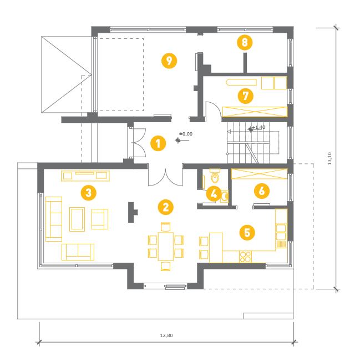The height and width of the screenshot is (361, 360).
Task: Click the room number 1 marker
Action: (x=158, y=143)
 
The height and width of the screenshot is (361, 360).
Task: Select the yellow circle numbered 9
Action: (x=169, y=61)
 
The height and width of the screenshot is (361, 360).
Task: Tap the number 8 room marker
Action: (x=245, y=42)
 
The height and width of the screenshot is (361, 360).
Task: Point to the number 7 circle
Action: (x=246, y=96)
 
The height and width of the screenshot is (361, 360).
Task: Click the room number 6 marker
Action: (x=262, y=191)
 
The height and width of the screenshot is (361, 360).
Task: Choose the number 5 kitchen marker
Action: (x=247, y=233)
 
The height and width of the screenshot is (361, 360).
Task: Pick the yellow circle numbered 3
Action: (x=89, y=193)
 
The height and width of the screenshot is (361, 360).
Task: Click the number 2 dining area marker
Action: (x=165, y=207)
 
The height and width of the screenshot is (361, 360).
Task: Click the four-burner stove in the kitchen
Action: (x=245, y=257)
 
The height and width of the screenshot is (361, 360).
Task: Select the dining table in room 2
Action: (x=165, y=247)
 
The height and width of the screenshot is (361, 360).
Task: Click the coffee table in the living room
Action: (x=77, y=219)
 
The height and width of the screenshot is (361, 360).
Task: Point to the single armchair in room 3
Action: (x=100, y=219)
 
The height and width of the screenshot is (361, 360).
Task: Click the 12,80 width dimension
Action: (x=166, y=335)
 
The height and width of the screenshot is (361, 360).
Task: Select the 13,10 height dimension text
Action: (x=329, y=158)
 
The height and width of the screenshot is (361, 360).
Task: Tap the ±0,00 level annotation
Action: (x=186, y=134)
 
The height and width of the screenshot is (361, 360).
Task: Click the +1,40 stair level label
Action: (x=258, y=127)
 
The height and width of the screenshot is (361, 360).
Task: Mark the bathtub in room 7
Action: (x=241, y=82)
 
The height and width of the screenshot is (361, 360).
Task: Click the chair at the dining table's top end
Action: (x=165, y=227)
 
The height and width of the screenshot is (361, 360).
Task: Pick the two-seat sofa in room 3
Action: (x=78, y=252)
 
